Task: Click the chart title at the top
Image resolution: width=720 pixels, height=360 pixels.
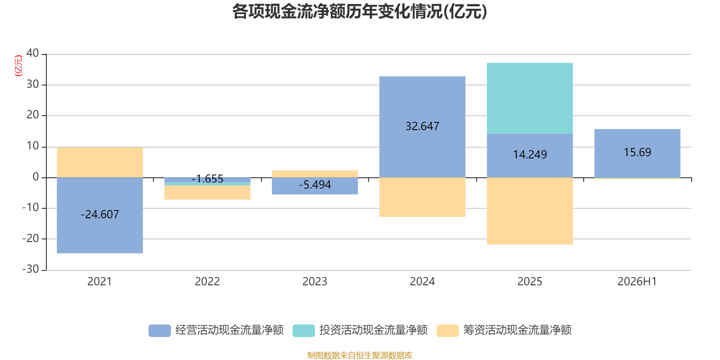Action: click(x=360, y=12)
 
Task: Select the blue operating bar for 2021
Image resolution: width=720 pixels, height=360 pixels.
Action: click(x=99, y=216)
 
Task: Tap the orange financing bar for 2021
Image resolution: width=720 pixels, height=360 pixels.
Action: click(x=99, y=162)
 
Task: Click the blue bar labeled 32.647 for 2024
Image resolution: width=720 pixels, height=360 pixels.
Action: click(x=423, y=127)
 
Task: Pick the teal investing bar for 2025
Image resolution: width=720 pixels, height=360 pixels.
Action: click(x=530, y=98)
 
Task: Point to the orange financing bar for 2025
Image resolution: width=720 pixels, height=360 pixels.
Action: click(x=530, y=211)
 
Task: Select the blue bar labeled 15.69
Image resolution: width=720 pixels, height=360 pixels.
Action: click(x=637, y=153)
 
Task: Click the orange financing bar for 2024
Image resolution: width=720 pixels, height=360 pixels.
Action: click(x=423, y=197)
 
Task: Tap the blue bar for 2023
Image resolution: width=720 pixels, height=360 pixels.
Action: click(x=315, y=186)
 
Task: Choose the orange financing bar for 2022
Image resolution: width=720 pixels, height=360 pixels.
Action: click(x=207, y=193)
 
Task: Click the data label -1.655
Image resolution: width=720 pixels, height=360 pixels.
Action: click(x=207, y=179)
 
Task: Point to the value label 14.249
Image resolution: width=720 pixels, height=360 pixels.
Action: click(x=530, y=155)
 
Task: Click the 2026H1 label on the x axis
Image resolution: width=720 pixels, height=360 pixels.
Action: click(x=637, y=282)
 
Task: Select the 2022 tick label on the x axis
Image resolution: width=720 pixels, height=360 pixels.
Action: click(x=207, y=282)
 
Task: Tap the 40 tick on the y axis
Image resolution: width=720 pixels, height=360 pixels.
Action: click(x=32, y=53)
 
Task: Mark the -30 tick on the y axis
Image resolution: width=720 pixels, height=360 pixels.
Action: click(x=31, y=269)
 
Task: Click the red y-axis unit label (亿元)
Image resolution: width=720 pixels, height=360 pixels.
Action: click(x=18, y=66)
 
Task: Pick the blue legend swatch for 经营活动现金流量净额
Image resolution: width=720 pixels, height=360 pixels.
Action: click(x=159, y=330)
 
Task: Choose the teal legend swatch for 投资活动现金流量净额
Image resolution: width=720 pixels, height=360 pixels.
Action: click(x=303, y=330)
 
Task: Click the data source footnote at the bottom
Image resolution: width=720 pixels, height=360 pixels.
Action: click(x=360, y=355)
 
